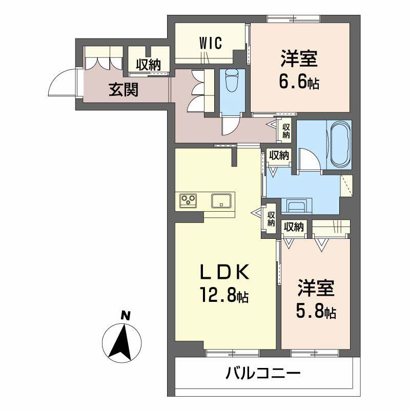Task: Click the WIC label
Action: (211, 43)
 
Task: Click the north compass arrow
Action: (122, 341)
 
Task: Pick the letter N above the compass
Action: (124, 316)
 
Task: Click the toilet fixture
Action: (232, 79)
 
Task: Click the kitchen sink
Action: (221, 200)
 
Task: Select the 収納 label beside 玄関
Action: (148, 65)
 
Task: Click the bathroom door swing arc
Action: (308, 158)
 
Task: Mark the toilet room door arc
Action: (228, 125)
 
